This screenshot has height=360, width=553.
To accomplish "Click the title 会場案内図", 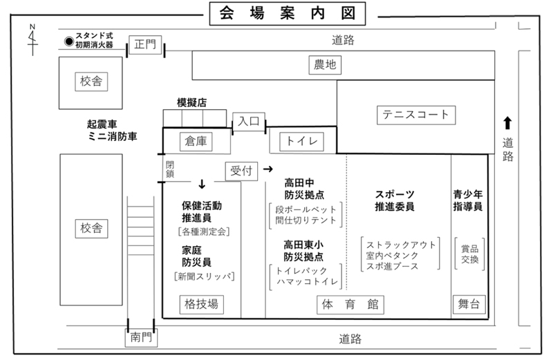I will [287, 13].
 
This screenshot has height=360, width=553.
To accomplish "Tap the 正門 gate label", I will [146, 45].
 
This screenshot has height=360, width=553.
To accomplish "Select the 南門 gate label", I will [142, 339].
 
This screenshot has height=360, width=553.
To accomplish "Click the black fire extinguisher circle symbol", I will [68, 41].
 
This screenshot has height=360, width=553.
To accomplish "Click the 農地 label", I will [325, 65].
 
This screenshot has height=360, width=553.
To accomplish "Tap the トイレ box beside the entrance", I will [301, 141].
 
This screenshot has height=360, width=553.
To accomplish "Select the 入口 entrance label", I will [248, 120].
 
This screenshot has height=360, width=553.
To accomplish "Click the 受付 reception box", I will [241, 171].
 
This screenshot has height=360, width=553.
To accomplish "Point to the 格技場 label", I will [201, 304].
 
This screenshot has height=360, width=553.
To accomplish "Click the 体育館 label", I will [350, 305].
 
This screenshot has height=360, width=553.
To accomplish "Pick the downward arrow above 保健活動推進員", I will [202, 184].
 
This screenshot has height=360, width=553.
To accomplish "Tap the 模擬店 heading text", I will [191, 102].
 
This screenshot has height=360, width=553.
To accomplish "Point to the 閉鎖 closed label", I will [170, 169].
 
